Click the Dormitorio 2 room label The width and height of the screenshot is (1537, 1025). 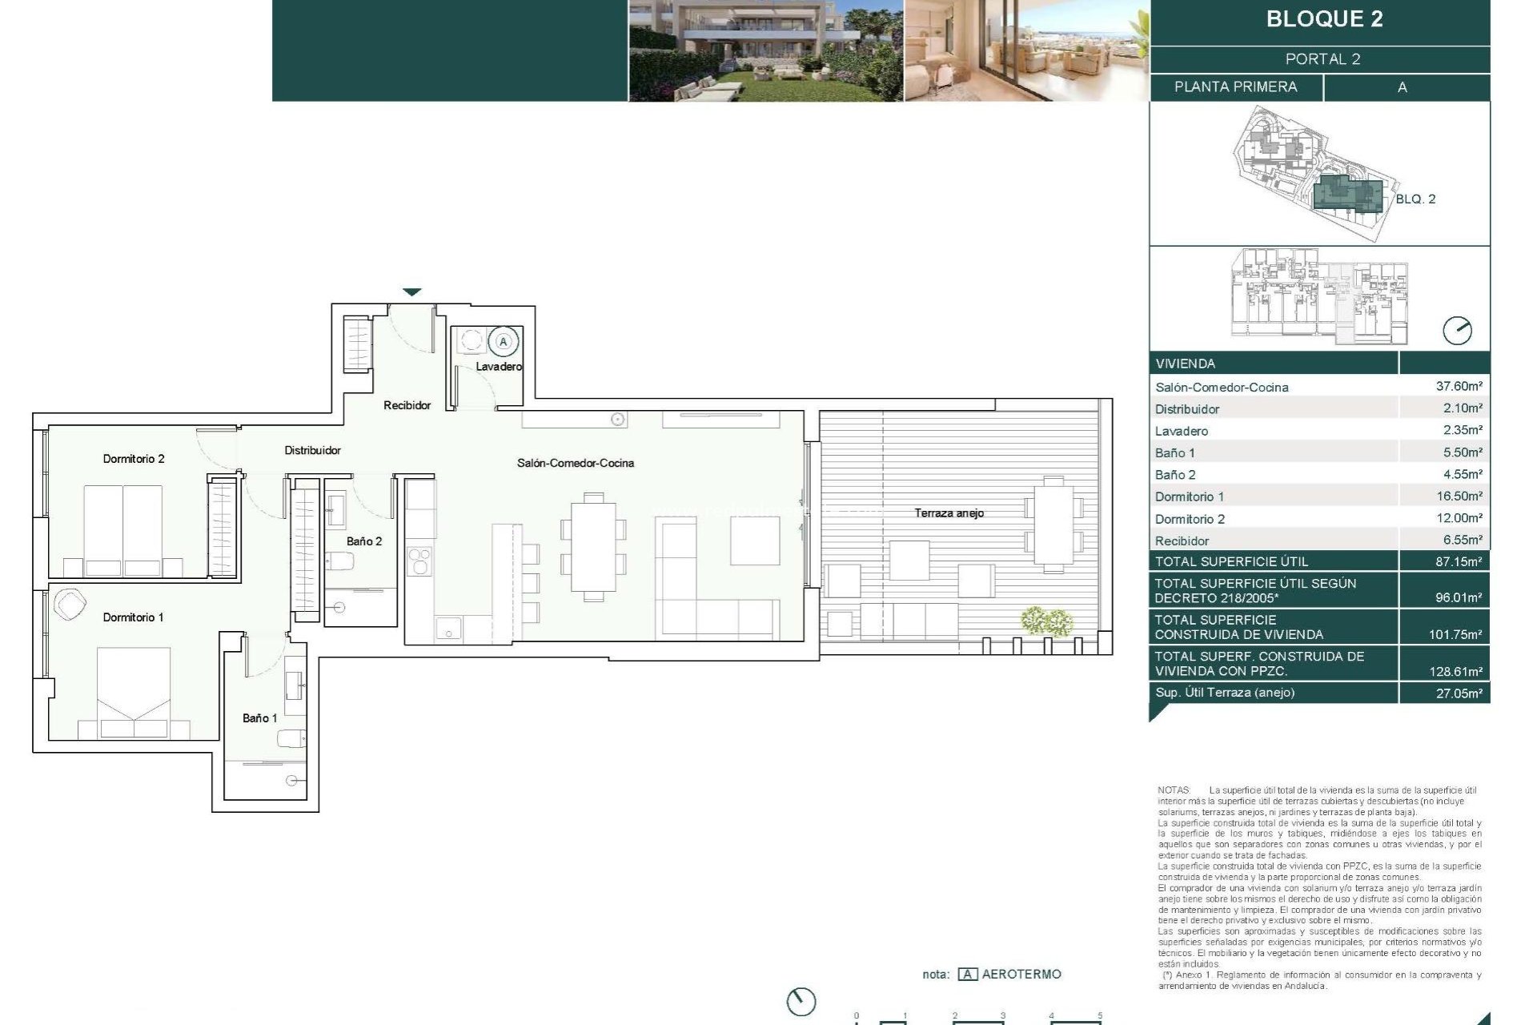134,459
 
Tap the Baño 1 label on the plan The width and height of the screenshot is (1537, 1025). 259,718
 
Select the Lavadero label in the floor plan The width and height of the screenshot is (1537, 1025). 499,367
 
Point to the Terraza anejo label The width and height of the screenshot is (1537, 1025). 949,513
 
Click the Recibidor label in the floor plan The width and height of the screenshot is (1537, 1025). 407,405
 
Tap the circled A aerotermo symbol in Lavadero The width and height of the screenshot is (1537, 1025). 504,342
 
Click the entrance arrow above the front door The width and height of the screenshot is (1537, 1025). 411,292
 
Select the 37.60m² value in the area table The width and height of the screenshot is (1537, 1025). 1459,386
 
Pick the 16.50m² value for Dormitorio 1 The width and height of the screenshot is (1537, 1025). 1459,496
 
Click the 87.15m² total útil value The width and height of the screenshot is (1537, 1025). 1459,561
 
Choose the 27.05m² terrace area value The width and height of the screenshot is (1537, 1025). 1459,693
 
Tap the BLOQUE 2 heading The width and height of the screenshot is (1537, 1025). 1324,19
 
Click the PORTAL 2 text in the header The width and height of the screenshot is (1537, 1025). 1322,59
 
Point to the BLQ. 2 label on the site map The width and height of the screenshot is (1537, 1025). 1415,199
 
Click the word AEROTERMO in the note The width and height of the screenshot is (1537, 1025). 1021,975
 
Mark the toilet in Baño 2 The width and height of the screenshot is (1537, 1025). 340,561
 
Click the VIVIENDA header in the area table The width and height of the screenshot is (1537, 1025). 1185,364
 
